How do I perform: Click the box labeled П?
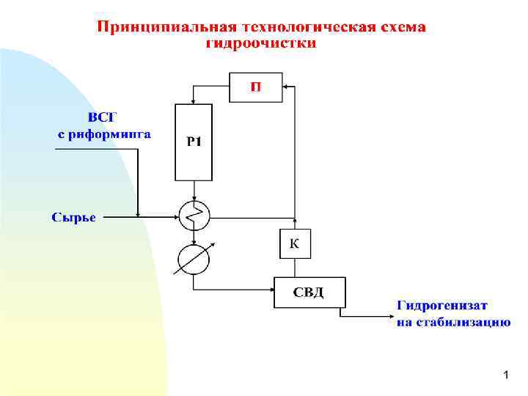256,87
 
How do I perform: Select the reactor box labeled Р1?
194,142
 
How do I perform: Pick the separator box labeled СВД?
309,293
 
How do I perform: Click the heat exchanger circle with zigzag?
194,216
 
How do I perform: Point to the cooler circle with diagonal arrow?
194,258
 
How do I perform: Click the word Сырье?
73,216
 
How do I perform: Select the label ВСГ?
103,117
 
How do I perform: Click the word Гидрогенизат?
443,306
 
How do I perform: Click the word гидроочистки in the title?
262,43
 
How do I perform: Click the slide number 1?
505,375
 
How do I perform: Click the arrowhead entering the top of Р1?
194,101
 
